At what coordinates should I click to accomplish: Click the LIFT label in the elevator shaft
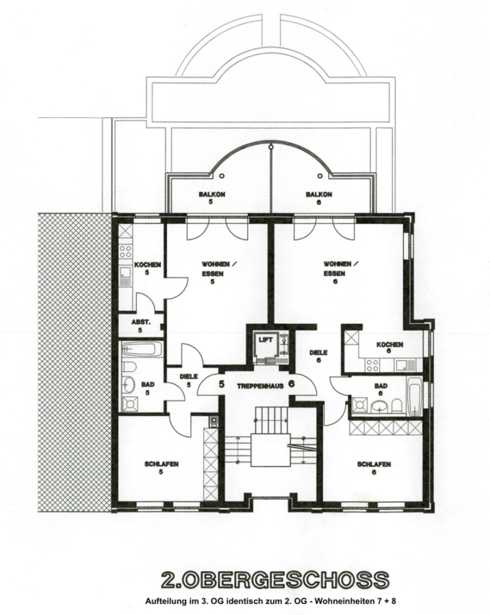pyautogui.click(x=266, y=340)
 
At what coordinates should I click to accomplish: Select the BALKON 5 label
pyautogui.click(x=211, y=198)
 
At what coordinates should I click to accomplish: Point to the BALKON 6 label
pyautogui.click(x=319, y=198)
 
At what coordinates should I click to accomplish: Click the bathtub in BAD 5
pyautogui.click(x=142, y=349)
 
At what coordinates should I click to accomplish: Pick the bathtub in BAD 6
pyautogui.click(x=415, y=396)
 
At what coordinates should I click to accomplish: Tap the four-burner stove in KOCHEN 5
pyautogui.click(x=126, y=251)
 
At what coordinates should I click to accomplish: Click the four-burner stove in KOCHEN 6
pyautogui.click(x=372, y=365)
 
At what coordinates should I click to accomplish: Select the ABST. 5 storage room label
pyautogui.click(x=141, y=326)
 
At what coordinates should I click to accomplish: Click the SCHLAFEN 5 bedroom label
pyautogui.click(x=161, y=468)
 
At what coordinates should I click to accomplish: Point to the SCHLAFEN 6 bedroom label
pyautogui.click(x=374, y=468)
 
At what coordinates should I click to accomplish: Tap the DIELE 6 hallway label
pyautogui.click(x=318, y=356)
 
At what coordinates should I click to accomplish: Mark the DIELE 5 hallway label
pyautogui.click(x=189, y=381)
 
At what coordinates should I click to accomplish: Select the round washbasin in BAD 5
pyautogui.click(x=129, y=384)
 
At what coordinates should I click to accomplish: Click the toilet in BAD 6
pyautogui.click(x=397, y=406)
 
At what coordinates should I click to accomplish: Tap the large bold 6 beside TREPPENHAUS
pyautogui.click(x=291, y=384)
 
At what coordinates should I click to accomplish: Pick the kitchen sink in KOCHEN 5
pyautogui.click(x=126, y=276)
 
